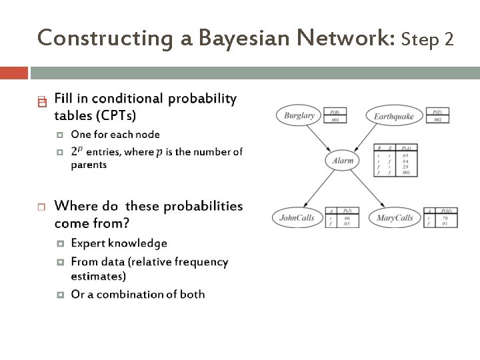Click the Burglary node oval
[x=299, y=115]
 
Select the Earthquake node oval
[x=393, y=116]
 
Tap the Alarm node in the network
[x=343, y=160]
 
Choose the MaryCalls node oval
[x=395, y=217]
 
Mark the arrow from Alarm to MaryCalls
[x=367, y=187]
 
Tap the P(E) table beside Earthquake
[x=437, y=116]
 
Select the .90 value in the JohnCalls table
[x=346, y=218]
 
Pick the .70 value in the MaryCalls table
[x=444, y=218]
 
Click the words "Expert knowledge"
[x=119, y=243]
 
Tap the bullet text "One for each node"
[x=115, y=134]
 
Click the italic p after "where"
[x=159, y=153]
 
